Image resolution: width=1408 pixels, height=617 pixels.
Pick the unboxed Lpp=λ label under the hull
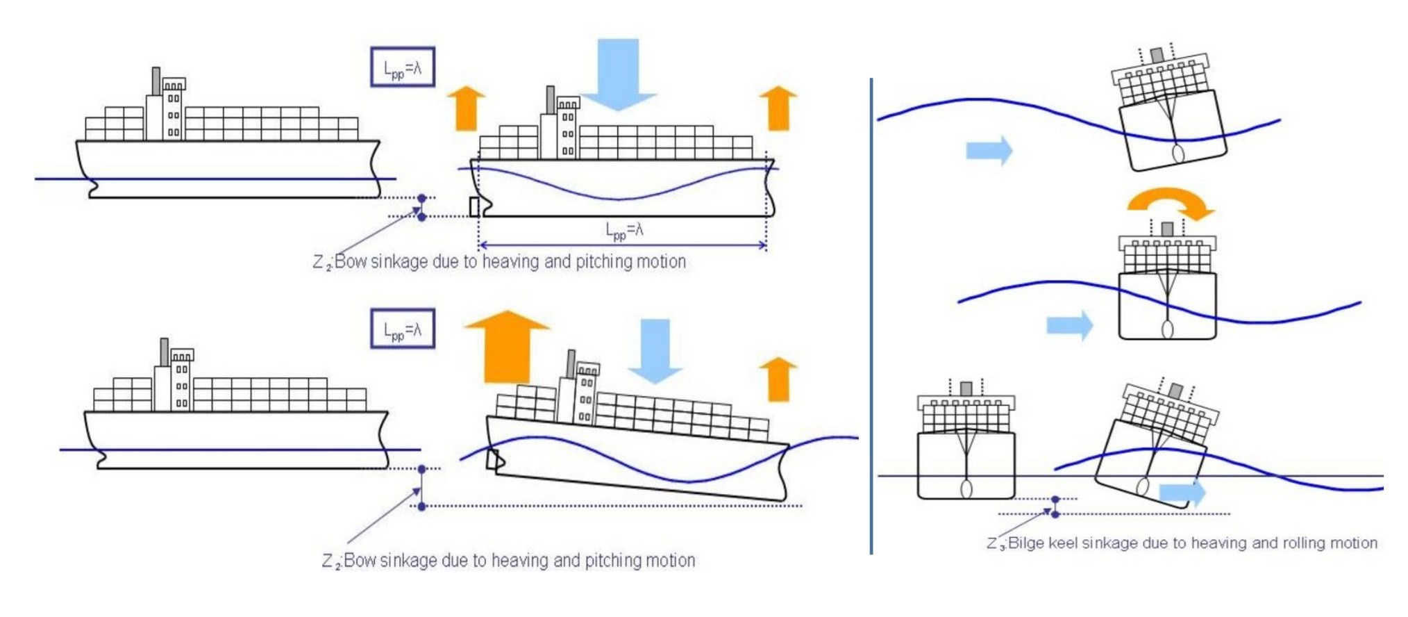click(624, 230)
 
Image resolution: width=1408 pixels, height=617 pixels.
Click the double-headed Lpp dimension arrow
click(623, 245)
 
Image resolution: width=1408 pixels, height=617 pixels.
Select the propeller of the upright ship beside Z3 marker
click(966, 488)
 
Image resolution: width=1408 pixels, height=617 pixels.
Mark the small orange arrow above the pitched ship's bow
click(778, 379)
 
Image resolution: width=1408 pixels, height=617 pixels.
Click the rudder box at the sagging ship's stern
click(475, 206)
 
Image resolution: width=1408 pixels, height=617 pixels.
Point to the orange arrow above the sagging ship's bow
click(778, 108)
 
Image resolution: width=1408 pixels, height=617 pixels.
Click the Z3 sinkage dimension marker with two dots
click(1055, 507)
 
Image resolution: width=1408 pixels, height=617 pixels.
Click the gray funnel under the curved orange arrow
click(1167, 229)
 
